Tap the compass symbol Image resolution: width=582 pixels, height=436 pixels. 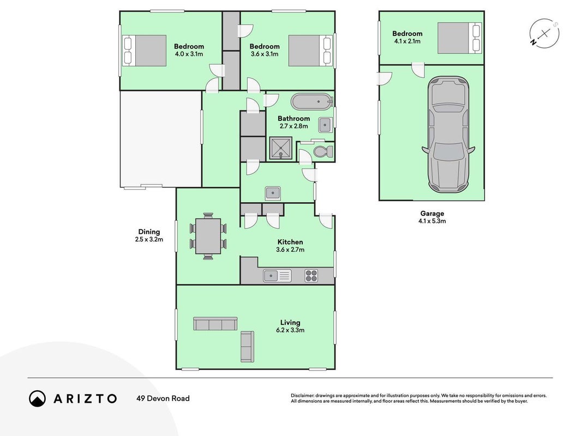coord(544,34)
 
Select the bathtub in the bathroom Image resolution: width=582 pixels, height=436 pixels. coord(311,101)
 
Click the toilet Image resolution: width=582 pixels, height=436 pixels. coord(323,152)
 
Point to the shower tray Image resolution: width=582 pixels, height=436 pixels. coord(280,148)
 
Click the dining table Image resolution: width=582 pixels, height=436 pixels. coord(208,236)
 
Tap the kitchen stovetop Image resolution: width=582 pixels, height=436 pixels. coord(311,276)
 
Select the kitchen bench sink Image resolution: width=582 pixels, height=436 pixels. coord(277,276)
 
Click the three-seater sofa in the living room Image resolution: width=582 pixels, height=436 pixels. coord(215,324)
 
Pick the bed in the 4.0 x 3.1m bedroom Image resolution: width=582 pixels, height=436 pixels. coord(144,51)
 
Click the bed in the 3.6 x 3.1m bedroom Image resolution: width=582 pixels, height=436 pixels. coord(310,51)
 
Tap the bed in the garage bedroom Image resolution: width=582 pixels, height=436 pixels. coord(459,38)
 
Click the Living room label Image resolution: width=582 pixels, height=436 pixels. coord(290,323)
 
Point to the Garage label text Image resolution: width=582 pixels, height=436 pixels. coord(432,214)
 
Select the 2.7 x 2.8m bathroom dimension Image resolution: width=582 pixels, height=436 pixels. coord(293,126)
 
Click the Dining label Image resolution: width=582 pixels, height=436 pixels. coord(149,232)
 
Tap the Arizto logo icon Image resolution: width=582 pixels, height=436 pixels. coord(37,398)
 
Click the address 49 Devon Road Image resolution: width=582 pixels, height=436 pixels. coord(163,398)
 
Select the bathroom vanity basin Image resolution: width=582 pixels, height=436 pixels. coord(325,125)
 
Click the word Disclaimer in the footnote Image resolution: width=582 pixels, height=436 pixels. coord(302,396)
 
